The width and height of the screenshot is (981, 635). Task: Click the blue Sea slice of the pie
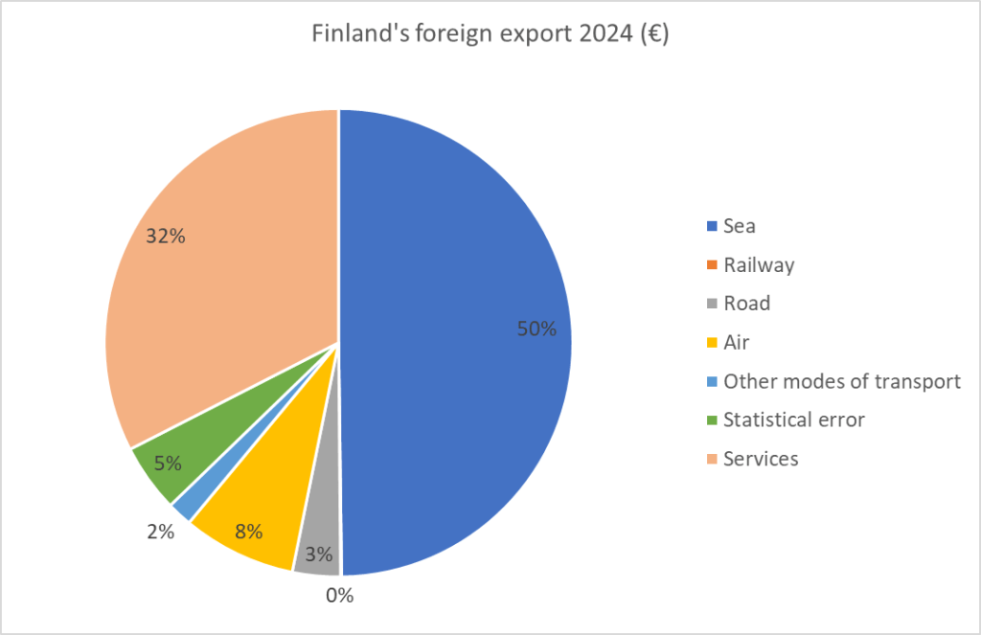(x=450, y=287)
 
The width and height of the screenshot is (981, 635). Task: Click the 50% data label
(x=536, y=329)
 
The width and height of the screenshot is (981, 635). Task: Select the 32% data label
(x=165, y=236)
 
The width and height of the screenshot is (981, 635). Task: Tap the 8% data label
(x=248, y=531)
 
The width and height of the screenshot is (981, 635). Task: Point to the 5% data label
(x=168, y=464)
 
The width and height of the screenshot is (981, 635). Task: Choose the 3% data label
(x=319, y=554)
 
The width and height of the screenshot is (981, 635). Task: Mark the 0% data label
(x=339, y=596)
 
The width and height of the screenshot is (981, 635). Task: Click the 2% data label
(x=161, y=532)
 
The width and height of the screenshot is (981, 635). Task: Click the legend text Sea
(x=740, y=226)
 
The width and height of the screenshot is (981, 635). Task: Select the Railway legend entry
(x=759, y=265)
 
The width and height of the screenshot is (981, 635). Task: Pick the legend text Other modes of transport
(x=841, y=381)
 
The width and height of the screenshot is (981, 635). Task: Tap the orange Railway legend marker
(x=711, y=265)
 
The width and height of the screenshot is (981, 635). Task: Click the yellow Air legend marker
(x=711, y=343)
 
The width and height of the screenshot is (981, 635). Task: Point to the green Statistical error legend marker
(x=711, y=420)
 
